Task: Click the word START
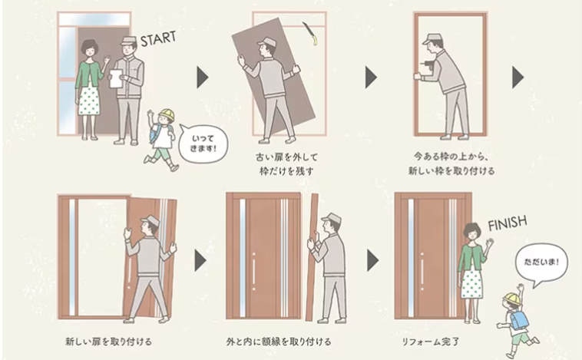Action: click(x=158, y=38)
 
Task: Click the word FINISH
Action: click(x=508, y=223)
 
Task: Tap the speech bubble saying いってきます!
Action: click(x=203, y=144)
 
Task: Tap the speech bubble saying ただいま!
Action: click(x=541, y=263)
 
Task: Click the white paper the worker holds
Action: click(x=116, y=78)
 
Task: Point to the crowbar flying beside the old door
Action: click(x=309, y=33)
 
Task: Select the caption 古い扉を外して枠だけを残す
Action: click(x=286, y=164)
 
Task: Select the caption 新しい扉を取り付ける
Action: click(x=109, y=342)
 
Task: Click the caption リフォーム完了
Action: click(x=431, y=342)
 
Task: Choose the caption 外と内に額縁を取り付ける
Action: click(x=279, y=342)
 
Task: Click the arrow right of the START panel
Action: click(x=202, y=78)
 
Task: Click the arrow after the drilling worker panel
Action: click(x=518, y=78)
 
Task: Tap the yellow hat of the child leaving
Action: click(x=167, y=114)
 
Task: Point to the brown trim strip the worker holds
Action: click(x=312, y=257)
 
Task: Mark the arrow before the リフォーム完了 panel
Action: click(x=372, y=260)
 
